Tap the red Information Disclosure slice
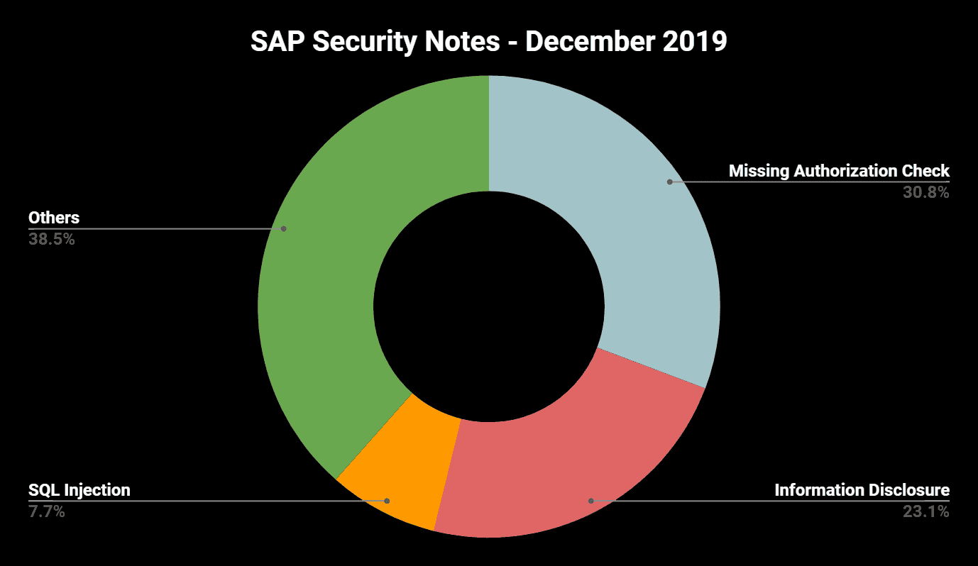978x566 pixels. click(x=568, y=461)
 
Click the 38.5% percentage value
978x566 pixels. click(x=52, y=239)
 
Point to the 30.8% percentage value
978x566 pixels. click(x=926, y=192)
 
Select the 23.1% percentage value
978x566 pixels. click(x=926, y=511)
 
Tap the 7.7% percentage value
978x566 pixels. click(x=47, y=511)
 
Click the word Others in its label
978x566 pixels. click(x=53, y=217)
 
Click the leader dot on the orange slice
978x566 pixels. click(x=387, y=501)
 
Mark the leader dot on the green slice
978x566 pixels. click(x=283, y=228)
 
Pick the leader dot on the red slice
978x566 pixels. click(x=590, y=501)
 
